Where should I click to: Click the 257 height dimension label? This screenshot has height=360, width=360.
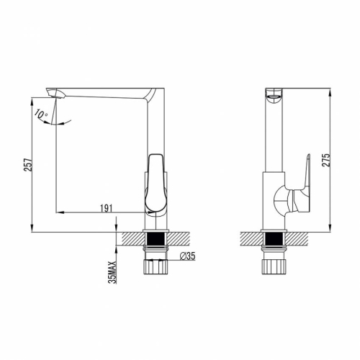[x=28, y=164]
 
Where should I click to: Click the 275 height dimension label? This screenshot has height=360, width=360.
[x=326, y=160]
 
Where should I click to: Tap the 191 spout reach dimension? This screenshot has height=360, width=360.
[x=106, y=208]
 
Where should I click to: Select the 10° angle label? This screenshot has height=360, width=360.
[x=41, y=114]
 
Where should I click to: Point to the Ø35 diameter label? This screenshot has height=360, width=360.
[x=187, y=256]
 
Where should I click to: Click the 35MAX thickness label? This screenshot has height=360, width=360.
[x=112, y=272]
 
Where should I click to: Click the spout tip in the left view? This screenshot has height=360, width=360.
[x=55, y=93]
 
